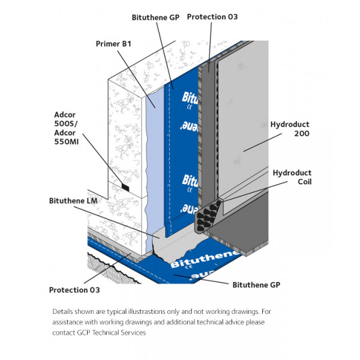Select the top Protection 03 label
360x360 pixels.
[x=212, y=17]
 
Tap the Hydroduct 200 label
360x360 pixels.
[x=290, y=128]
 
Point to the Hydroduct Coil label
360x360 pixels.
[x=292, y=176]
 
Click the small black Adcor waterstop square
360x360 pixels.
[x=125, y=188]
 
